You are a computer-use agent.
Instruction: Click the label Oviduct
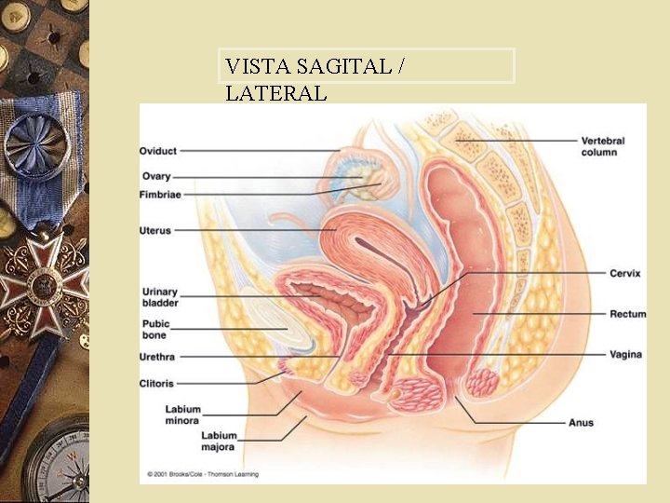click(x=157, y=151)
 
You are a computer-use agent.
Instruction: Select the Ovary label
click(x=154, y=176)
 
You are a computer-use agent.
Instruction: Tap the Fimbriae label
click(x=160, y=195)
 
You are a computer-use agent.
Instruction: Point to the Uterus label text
click(x=155, y=230)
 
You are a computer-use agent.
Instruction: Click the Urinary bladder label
click(x=160, y=297)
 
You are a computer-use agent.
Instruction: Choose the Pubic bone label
click(x=155, y=330)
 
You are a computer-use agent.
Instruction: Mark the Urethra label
click(x=158, y=357)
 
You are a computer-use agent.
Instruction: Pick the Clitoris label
click(x=157, y=383)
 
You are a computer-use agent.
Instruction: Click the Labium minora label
click(x=183, y=415)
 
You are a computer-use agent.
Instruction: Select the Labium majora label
click(x=220, y=441)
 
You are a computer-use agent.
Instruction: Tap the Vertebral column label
click(x=603, y=146)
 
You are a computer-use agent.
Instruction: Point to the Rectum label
click(x=627, y=314)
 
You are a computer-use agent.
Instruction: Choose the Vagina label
click(x=625, y=355)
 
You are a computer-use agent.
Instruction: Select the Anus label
click(x=581, y=423)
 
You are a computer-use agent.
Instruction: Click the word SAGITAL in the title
click(x=331, y=66)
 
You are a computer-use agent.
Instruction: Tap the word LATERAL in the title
click(x=275, y=93)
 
